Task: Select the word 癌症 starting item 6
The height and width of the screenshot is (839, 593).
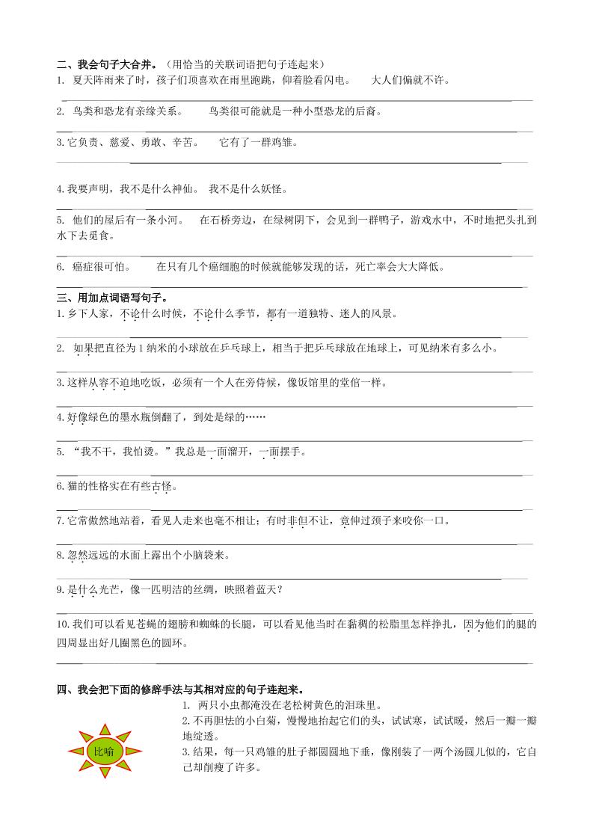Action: [x=84, y=267]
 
